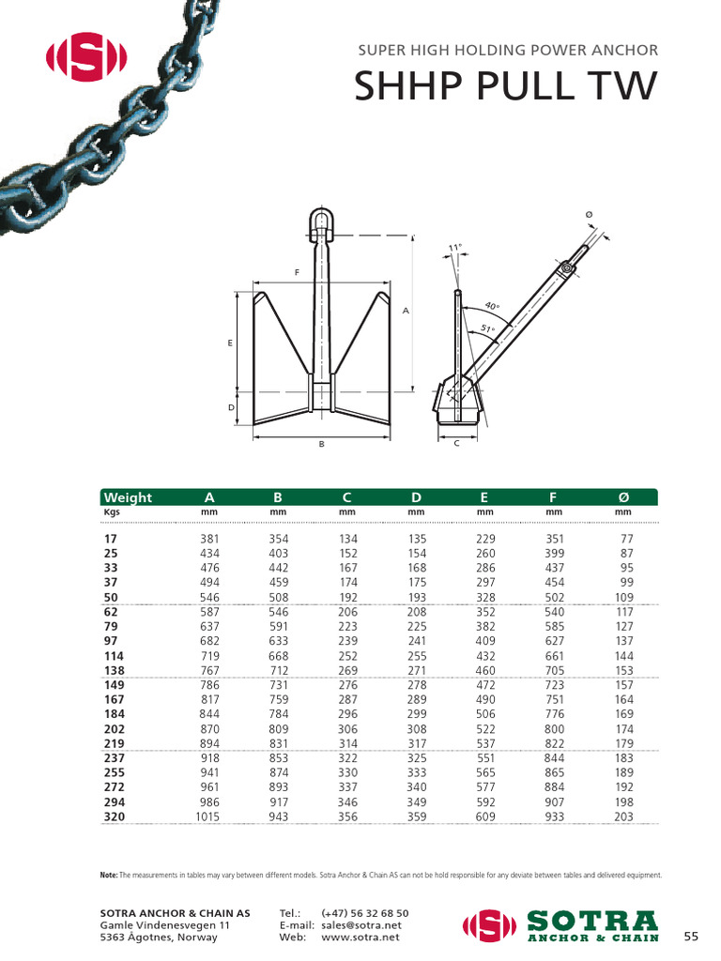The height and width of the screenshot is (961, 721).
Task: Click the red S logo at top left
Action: click(85, 59)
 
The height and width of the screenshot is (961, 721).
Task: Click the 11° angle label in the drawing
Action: click(455, 249)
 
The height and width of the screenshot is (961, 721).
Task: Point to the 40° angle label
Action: click(493, 307)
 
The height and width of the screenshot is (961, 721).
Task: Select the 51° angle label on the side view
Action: click(486, 328)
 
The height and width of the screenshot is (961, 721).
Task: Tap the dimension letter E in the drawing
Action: click(230, 343)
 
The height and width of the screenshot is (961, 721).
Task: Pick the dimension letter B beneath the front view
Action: click(321, 444)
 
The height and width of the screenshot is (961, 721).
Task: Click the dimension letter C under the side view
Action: click(456, 443)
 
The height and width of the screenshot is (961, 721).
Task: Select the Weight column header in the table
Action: click(128, 497)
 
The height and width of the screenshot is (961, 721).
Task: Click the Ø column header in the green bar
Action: click(622, 497)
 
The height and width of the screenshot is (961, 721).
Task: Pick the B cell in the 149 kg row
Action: click(278, 685)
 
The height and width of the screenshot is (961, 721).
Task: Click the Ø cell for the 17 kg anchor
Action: click(626, 539)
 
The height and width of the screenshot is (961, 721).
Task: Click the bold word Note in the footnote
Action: click(108, 875)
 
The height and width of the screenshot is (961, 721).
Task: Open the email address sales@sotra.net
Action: click(360, 924)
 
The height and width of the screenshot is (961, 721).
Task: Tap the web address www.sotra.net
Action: click(360, 937)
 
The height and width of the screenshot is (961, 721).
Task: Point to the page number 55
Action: click(691, 936)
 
